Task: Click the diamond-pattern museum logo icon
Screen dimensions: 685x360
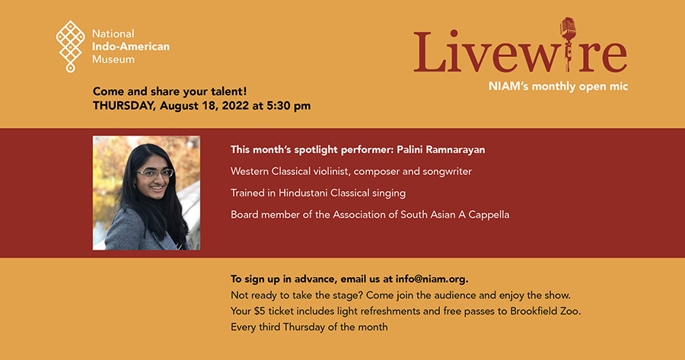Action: (70, 46)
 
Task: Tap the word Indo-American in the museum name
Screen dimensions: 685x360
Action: (131, 46)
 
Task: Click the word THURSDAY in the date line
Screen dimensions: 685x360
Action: (124, 106)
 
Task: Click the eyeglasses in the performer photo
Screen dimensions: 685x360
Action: (155, 174)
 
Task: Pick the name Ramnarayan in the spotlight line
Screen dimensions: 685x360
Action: (455, 150)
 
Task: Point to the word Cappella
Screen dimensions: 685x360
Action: (489, 215)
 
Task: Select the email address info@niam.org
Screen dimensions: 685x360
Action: (432, 279)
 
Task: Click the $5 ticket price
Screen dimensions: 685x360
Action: (260, 311)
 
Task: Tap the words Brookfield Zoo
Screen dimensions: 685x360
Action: (546, 311)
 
